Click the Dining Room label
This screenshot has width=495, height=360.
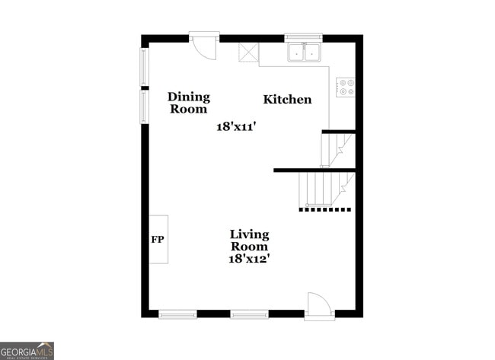point(189,103)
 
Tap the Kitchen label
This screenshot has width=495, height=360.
point(287,100)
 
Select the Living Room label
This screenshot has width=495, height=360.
point(250,241)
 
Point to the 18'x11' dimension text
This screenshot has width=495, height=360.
point(236,127)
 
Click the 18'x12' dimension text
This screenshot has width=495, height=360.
point(250,259)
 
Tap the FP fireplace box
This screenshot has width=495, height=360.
point(158,240)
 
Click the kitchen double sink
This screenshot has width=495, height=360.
point(304,52)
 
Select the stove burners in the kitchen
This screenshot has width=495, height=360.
point(346,87)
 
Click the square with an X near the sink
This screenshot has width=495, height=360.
point(249,53)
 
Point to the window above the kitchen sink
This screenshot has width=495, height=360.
point(304,36)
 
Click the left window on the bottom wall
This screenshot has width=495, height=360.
point(177,314)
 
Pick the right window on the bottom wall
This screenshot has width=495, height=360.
point(250,314)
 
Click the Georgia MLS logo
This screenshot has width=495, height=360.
point(27,350)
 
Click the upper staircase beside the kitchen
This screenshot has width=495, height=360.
point(338,149)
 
